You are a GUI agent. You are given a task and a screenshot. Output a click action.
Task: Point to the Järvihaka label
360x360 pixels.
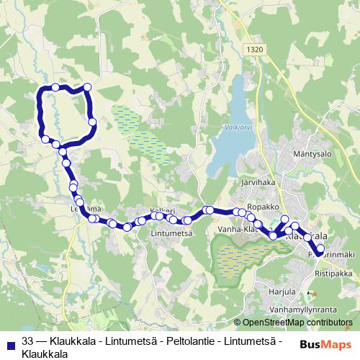point(260,183)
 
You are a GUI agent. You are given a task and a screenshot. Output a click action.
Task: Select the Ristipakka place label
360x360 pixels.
point(333,275)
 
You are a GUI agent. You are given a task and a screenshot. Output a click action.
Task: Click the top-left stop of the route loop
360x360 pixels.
point(55,87)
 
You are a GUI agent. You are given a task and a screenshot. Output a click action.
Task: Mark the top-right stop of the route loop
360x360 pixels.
point(87,88)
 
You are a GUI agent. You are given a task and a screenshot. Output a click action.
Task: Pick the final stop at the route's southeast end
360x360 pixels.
point(320,249)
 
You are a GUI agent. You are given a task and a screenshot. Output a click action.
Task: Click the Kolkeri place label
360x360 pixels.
point(162,211)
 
